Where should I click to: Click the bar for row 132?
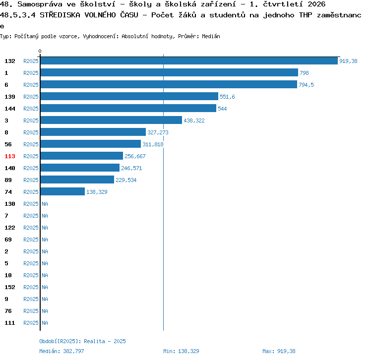[x=189, y=60]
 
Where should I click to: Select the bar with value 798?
[x=169, y=72]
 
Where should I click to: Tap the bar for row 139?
[x=129, y=96]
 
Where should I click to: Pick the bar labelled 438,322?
[x=111, y=120]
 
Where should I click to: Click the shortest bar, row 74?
[x=62, y=191]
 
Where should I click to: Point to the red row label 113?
[x=10, y=156]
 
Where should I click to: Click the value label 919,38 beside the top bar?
[x=348, y=61]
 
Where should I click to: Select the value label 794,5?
[x=306, y=85]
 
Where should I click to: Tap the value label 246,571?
[x=131, y=168]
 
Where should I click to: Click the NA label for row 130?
[x=45, y=204]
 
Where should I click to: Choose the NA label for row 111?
[x=45, y=323]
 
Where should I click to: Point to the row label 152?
[x=10, y=287]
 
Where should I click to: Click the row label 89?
[x=8, y=180]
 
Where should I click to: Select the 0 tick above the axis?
[x=40, y=51]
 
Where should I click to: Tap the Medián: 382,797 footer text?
[x=62, y=351]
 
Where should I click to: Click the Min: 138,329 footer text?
[x=181, y=351]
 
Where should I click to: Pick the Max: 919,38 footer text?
[x=279, y=351]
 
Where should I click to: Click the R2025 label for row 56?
[x=31, y=144]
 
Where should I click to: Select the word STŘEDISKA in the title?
[x=60, y=15]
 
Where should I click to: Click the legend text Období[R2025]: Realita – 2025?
[x=82, y=341]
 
